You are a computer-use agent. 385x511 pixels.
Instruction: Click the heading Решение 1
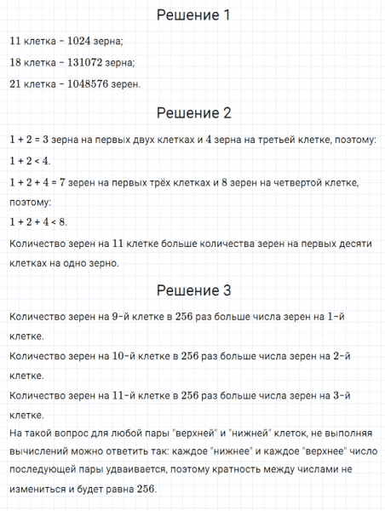point(192,15)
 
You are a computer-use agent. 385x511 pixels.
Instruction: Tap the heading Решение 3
point(192,290)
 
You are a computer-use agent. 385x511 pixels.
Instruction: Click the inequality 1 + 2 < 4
point(30,160)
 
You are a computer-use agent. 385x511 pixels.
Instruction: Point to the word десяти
point(353,244)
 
